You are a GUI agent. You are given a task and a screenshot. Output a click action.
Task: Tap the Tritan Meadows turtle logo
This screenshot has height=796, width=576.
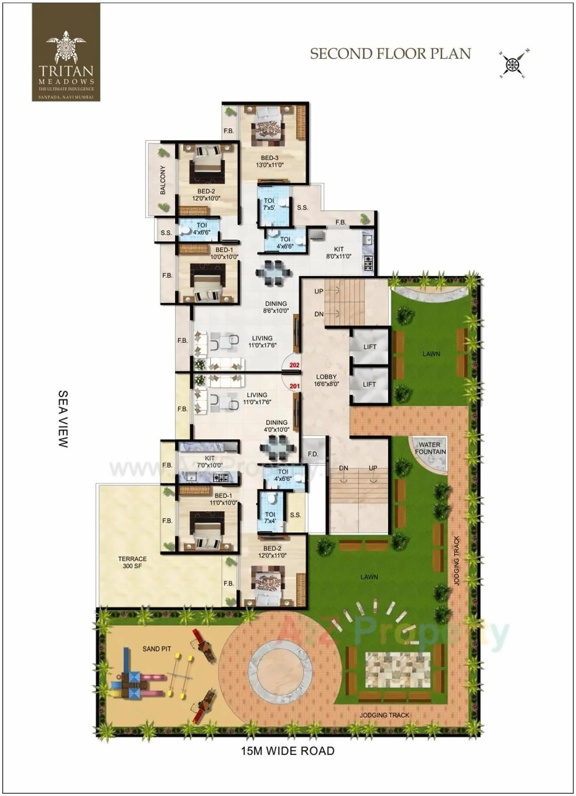coord(66,47)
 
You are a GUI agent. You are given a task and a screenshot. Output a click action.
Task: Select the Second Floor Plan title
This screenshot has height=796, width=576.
coord(390,54)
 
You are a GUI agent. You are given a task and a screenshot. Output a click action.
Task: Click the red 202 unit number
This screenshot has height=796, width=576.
coord(295,365)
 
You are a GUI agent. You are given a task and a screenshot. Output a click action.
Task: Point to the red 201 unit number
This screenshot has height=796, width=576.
coord(295,386)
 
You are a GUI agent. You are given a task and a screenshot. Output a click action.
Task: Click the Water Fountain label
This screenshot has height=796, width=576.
coord(430,448)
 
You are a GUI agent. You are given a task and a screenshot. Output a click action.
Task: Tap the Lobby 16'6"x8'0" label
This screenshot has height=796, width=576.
coord(326,380)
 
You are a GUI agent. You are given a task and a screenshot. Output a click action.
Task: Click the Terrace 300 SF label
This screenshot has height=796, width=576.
coord(132,562)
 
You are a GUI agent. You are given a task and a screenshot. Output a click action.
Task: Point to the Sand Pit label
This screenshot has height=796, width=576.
coord(156,649)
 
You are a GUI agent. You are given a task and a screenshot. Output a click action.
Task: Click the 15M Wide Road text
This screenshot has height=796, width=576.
coord(288,751)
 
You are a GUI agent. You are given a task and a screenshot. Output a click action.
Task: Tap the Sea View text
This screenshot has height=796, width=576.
coord(63,418)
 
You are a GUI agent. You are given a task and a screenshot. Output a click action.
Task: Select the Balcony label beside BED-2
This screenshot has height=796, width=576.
coord(163,180)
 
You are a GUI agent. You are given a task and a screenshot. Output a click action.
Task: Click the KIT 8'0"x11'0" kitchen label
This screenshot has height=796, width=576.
coord(339,253)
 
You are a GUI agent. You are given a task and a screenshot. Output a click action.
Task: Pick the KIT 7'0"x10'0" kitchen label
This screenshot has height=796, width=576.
coord(210,461)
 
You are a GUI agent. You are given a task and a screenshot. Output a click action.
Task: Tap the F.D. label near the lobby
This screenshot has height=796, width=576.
coord(313,454)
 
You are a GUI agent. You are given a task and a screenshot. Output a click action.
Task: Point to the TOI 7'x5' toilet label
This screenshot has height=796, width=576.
coord(269,204)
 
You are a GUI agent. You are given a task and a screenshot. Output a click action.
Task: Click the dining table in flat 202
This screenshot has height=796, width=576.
coord(272,273)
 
